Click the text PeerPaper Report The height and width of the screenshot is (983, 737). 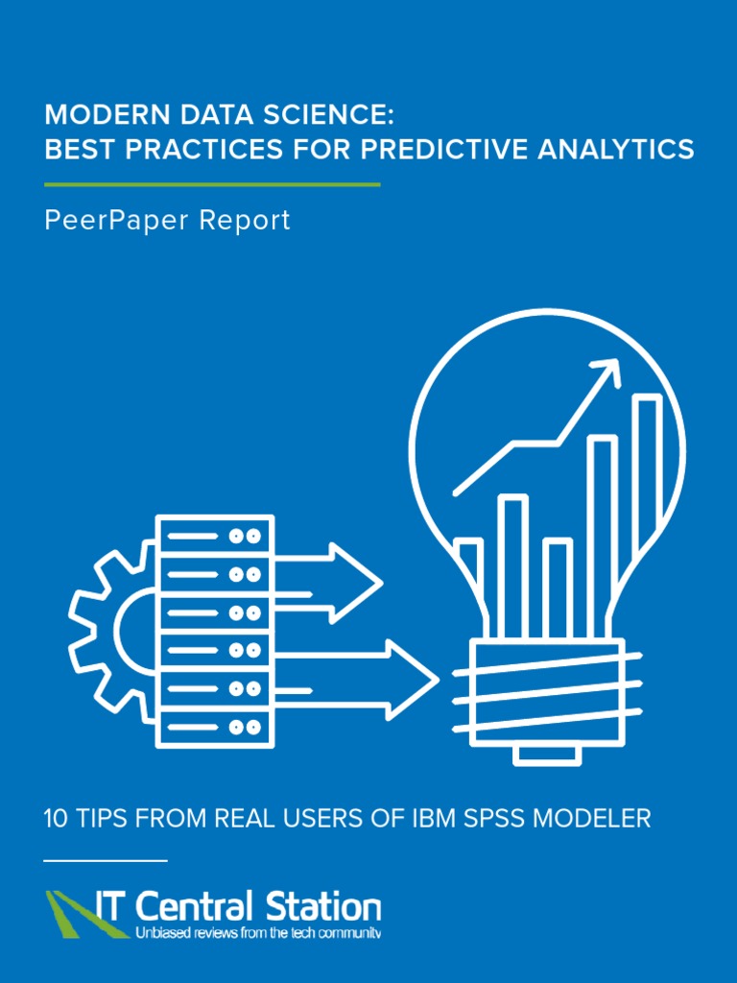point(167,221)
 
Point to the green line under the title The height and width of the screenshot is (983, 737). point(212,183)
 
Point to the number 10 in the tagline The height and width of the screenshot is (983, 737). point(57,819)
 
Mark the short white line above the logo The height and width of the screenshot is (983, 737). point(106,861)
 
